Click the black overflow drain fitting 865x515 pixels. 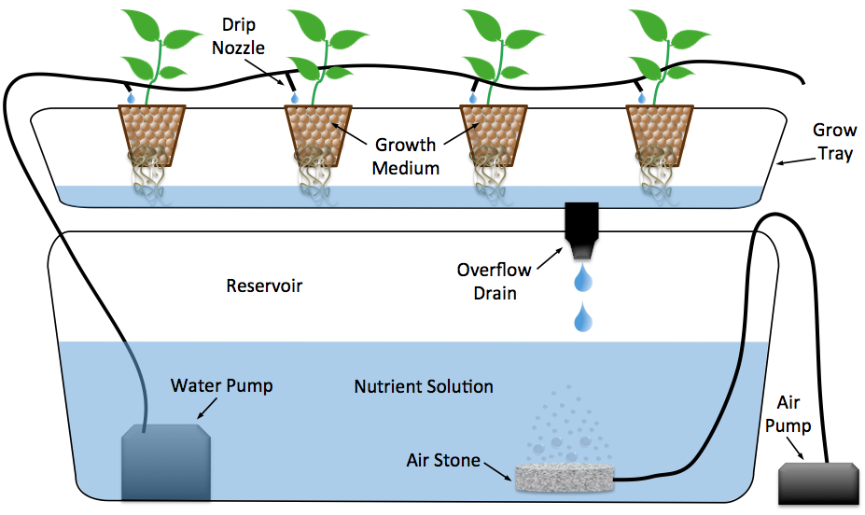tap(581, 230)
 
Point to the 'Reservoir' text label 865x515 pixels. tap(264, 285)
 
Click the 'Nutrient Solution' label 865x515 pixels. tap(424, 386)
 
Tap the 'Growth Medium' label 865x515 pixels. tap(405, 156)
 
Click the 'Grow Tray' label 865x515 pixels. tap(832, 142)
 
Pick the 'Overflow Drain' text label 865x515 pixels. tap(494, 281)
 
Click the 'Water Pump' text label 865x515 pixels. tap(221, 385)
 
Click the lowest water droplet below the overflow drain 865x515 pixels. tap(583, 318)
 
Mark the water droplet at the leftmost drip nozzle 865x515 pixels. tap(131, 96)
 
